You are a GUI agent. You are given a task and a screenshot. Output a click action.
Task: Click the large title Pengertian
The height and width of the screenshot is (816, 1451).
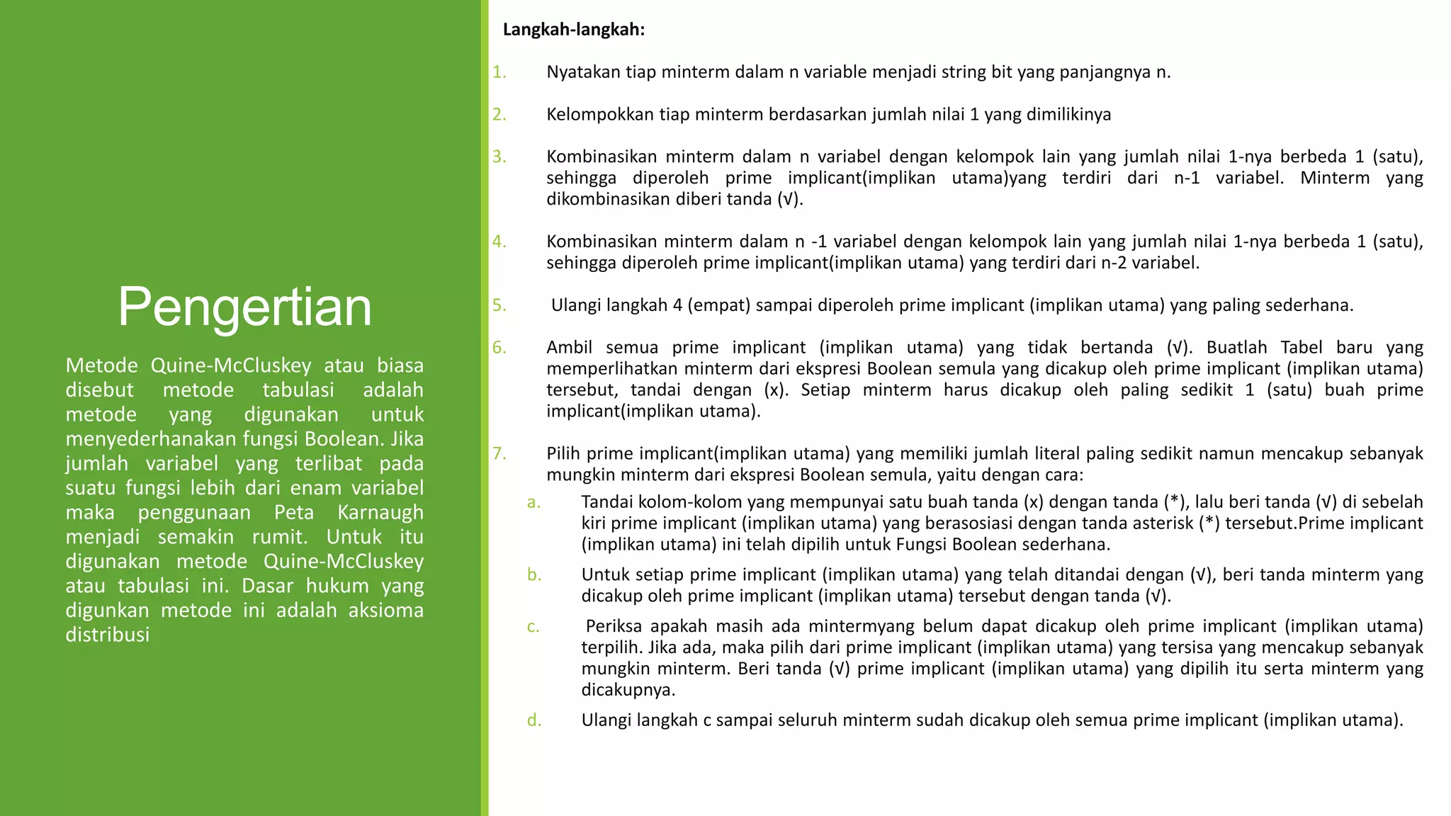244,307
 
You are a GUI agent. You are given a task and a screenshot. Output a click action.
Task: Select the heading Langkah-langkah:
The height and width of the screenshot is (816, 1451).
573,30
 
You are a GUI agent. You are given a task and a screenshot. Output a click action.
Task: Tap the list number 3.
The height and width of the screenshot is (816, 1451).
499,157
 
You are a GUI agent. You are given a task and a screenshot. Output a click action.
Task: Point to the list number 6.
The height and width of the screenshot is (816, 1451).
499,348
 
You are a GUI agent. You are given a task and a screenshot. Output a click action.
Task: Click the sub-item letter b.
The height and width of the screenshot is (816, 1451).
533,574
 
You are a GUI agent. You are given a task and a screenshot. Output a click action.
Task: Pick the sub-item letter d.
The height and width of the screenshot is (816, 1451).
533,720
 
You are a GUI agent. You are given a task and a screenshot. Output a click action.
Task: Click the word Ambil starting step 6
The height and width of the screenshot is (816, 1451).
570,348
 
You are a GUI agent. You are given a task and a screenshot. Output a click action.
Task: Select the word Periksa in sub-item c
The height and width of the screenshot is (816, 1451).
614,626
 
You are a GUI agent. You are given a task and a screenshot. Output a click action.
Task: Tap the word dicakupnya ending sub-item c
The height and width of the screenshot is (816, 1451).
628,690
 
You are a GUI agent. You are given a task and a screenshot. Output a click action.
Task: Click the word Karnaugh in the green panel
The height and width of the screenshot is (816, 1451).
380,512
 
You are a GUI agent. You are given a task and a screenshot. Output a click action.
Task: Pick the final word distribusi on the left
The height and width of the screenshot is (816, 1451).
108,635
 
